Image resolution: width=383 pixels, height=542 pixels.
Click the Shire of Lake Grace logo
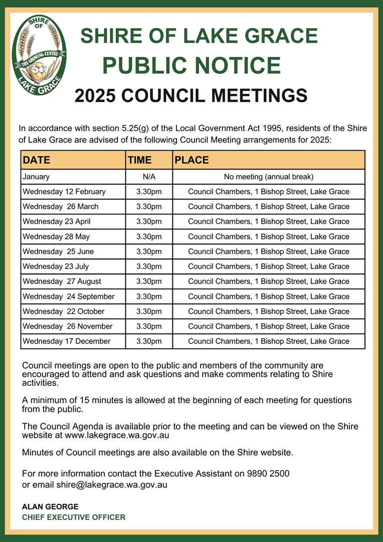39,55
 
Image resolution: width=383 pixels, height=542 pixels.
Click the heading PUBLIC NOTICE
191,66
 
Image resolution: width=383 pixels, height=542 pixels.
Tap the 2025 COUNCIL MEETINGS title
191,95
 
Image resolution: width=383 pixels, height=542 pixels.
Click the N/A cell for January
149,177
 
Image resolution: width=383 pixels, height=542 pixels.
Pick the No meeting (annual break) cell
269,177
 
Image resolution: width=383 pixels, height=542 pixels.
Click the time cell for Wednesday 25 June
149,251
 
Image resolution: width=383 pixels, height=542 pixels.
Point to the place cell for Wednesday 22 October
269,311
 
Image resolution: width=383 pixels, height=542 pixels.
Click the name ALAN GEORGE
50,507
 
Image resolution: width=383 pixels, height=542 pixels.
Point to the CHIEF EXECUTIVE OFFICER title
74,517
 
